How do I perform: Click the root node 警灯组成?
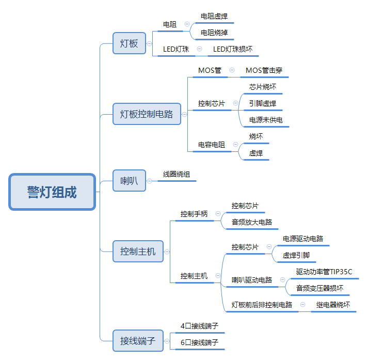pos(52,192)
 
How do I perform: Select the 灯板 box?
pos(129,43)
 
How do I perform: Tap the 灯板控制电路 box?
pos(147,114)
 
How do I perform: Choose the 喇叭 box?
pos(129,181)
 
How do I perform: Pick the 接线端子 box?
pos(138,340)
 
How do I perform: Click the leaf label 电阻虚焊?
pos(214,16)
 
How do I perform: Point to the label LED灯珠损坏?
pos(233,50)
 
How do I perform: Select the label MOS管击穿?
pos(264,70)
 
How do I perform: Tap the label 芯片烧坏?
pos(263,87)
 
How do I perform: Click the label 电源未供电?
pos(266,120)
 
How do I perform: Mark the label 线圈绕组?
pos(177,174)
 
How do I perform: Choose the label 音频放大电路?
pos(251,222)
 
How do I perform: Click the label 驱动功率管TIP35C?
pos(324,272)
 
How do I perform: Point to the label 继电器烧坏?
pos(333,305)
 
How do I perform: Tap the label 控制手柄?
pos(194,213)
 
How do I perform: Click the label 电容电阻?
pos(212,145)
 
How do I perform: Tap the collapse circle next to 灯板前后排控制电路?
pos(302,305)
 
